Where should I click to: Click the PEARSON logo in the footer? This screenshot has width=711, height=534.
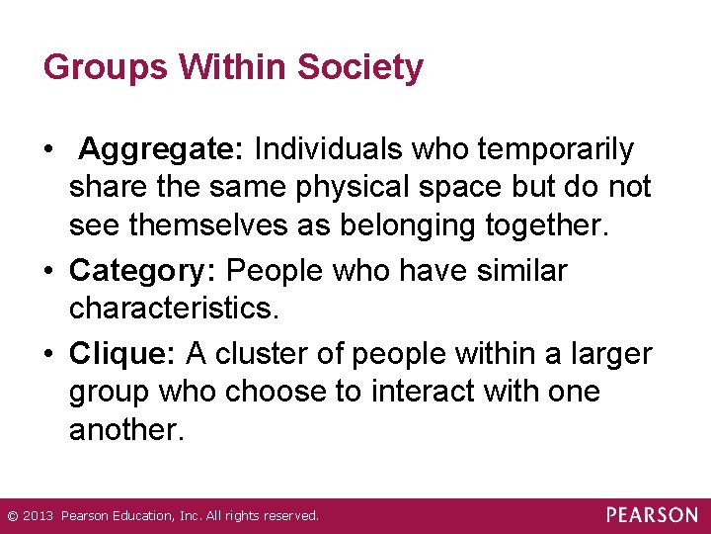(x=652, y=515)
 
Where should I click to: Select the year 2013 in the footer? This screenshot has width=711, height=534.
(x=38, y=516)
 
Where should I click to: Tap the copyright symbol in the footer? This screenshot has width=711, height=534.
(x=12, y=516)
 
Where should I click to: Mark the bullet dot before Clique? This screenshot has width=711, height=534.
(x=49, y=353)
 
